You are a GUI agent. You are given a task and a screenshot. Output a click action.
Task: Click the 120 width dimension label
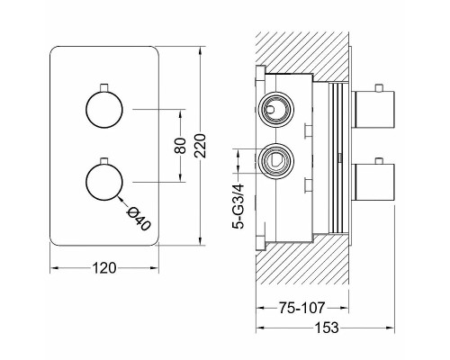coord(104,268)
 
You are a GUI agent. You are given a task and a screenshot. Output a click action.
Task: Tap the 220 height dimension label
coord(200,146)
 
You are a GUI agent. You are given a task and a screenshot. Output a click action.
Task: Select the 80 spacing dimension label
coord(181,146)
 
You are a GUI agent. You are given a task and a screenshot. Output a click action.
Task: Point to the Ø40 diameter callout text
coord(139,219)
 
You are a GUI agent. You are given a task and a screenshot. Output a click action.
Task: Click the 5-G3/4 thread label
coord(238,207)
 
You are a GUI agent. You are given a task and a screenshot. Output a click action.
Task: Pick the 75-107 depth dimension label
coord(301,308)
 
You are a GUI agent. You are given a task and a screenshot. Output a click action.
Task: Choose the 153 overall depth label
coord(327,328)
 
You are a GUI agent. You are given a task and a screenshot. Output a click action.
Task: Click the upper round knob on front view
coord(104,110)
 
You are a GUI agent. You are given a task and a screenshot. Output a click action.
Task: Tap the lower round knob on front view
coord(104,182)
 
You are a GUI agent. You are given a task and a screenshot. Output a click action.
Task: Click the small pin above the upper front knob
coord(104,87)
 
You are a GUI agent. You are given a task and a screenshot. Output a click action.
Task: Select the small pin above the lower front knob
coord(104,160)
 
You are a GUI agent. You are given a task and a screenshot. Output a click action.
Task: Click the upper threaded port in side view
coord(276,110)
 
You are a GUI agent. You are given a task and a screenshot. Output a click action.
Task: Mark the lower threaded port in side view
coord(276,161)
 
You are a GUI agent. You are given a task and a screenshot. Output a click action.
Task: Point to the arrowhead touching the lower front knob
coord(121,198)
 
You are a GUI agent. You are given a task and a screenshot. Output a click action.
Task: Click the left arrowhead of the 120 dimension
coord(54,268)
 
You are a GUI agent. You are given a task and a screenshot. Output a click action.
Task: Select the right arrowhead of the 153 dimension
coord(391,328)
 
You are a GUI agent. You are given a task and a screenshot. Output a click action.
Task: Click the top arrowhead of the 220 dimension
coord(200,50)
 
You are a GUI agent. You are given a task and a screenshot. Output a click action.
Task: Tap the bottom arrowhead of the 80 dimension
coord(181,177)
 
